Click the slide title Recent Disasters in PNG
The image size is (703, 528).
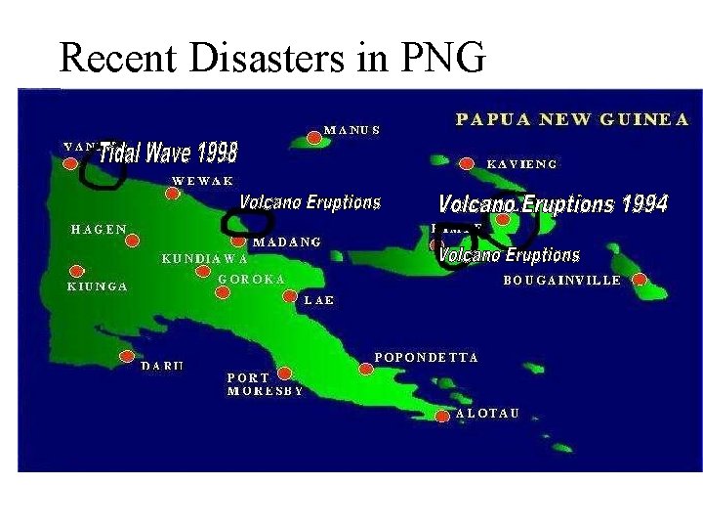tap(272, 59)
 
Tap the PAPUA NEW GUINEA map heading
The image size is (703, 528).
tap(572, 119)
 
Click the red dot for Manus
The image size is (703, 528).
tap(313, 138)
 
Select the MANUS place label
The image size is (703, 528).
tap(351, 129)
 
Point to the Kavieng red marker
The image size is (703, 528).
tap(467, 163)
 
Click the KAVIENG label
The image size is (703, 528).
tap(521, 164)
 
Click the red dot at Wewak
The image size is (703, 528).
tap(172, 194)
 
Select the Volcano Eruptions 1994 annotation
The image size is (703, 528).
tap(553, 203)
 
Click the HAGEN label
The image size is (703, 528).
tap(99, 229)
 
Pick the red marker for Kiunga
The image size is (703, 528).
tap(76, 271)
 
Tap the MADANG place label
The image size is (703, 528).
tap(287, 242)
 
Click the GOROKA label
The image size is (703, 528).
tap(252, 279)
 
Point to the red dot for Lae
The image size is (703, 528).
tap(288, 295)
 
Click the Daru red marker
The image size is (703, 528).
tap(127, 356)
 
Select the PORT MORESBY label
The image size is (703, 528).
tap(264, 383)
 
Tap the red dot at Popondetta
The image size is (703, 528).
tap(365, 369)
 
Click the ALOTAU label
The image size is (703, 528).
tap(486, 414)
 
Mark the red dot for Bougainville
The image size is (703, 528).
tap(640, 280)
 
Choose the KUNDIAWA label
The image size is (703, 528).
tap(204, 259)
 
